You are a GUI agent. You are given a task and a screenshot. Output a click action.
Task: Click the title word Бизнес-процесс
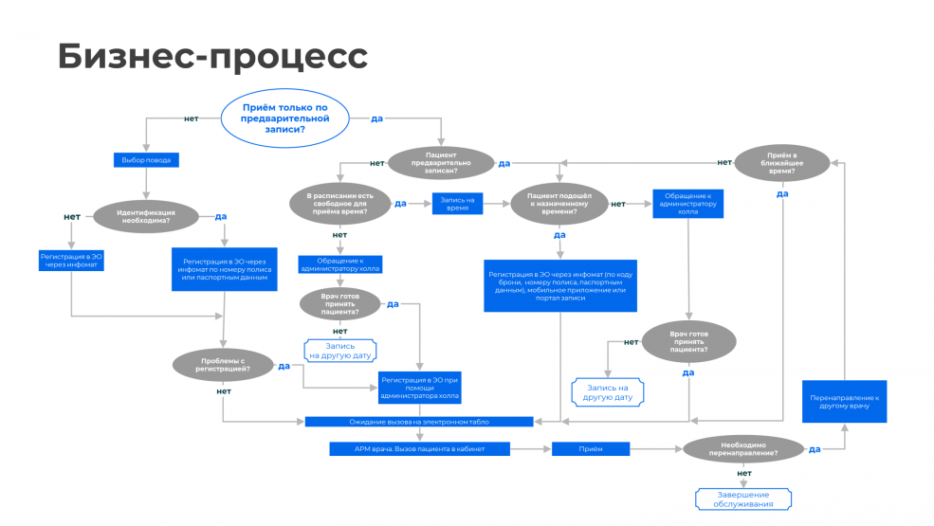point(212,56)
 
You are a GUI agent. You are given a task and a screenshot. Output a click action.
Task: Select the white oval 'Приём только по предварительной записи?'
point(285,118)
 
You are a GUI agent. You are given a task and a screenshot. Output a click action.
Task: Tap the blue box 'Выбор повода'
point(146,160)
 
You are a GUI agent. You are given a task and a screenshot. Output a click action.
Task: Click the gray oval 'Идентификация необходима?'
point(146,217)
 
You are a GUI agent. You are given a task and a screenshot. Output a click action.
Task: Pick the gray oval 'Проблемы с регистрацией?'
point(224,365)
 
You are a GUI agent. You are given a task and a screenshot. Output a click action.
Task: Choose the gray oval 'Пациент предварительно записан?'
point(442,162)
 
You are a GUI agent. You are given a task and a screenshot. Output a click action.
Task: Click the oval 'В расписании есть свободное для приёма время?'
point(339,203)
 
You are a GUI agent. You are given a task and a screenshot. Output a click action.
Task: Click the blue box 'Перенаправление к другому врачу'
point(845,402)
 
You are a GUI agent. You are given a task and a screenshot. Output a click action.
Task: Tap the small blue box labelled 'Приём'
point(591,448)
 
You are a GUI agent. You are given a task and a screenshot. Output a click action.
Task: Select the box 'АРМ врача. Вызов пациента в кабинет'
point(420,448)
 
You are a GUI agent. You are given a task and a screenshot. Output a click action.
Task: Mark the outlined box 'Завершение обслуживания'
point(742,499)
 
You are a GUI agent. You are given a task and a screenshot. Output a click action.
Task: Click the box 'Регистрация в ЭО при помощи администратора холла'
point(418,387)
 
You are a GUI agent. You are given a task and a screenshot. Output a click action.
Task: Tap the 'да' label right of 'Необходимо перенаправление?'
point(814,449)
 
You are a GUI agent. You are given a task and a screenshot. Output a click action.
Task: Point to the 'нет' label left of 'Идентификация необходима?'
point(72,216)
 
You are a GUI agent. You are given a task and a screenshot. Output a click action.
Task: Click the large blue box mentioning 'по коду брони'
point(559,285)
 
